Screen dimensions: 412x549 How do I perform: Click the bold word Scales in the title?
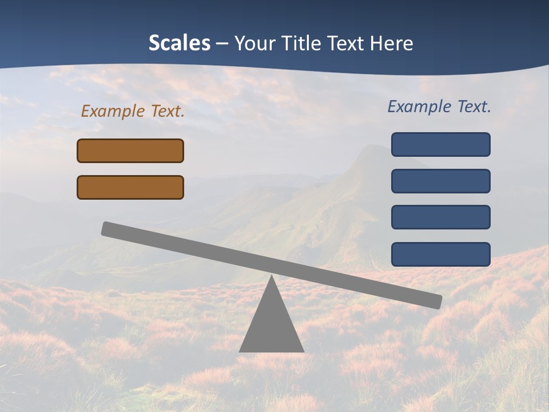point(179,43)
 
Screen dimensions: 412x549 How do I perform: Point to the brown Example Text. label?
point(133,111)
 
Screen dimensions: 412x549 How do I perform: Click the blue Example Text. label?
point(439,106)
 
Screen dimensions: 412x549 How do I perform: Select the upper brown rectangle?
point(130,150)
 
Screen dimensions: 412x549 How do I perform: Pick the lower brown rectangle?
point(130,187)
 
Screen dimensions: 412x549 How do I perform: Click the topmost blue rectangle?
point(441,144)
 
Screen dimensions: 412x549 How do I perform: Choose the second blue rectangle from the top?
point(441,181)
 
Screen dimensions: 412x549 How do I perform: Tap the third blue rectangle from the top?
point(441,217)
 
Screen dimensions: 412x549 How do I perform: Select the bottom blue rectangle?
point(441,254)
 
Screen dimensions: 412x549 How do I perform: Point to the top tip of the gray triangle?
point(272,278)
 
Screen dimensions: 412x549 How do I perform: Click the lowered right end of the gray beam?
point(437,302)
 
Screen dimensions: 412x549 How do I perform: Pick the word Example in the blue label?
point(420,106)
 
